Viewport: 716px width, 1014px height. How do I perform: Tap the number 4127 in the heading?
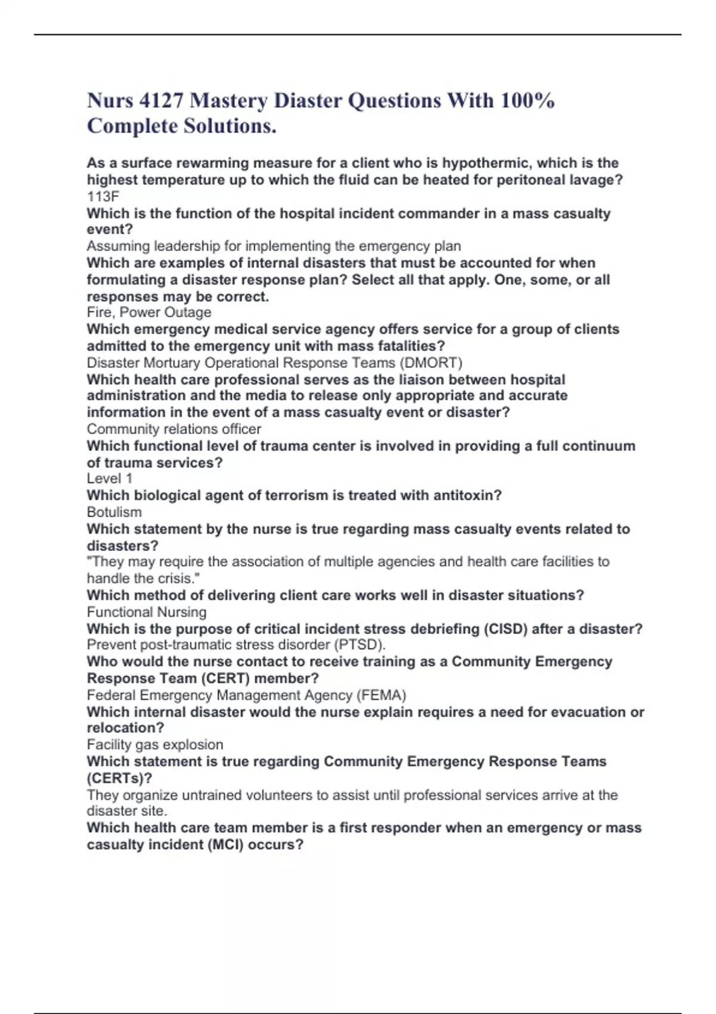click(161, 101)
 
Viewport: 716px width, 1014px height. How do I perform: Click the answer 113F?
click(103, 196)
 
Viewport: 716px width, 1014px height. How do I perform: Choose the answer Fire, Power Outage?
click(149, 313)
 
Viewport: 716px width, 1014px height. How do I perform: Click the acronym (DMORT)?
click(431, 363)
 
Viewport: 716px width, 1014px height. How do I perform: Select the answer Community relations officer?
click(174, 429)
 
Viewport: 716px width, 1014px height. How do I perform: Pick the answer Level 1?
click(110, 478)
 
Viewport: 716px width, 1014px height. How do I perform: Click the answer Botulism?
click(115, 512)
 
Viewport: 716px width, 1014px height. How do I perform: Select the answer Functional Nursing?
click(147, 612)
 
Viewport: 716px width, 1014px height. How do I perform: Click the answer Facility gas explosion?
click(155, 744)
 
